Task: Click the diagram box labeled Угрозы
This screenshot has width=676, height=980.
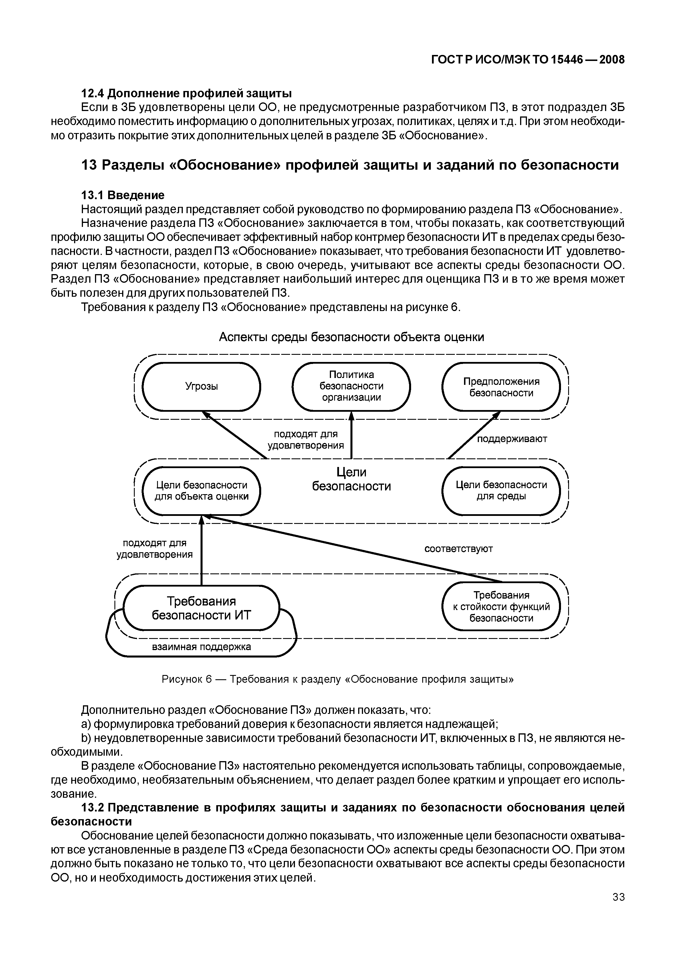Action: click(202, 386)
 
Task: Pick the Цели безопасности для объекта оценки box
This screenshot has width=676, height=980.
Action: click(202, 490)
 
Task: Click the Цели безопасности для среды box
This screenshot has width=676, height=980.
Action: click(501, 490)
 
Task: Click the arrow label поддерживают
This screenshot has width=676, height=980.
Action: click(512, 439)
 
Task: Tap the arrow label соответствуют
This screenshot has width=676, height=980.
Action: click(459, 549)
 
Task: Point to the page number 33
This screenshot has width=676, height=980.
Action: click(618, 897)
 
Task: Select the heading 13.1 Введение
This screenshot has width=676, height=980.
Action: click(122, 195)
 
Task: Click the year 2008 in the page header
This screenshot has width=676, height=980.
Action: click(612, 60)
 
